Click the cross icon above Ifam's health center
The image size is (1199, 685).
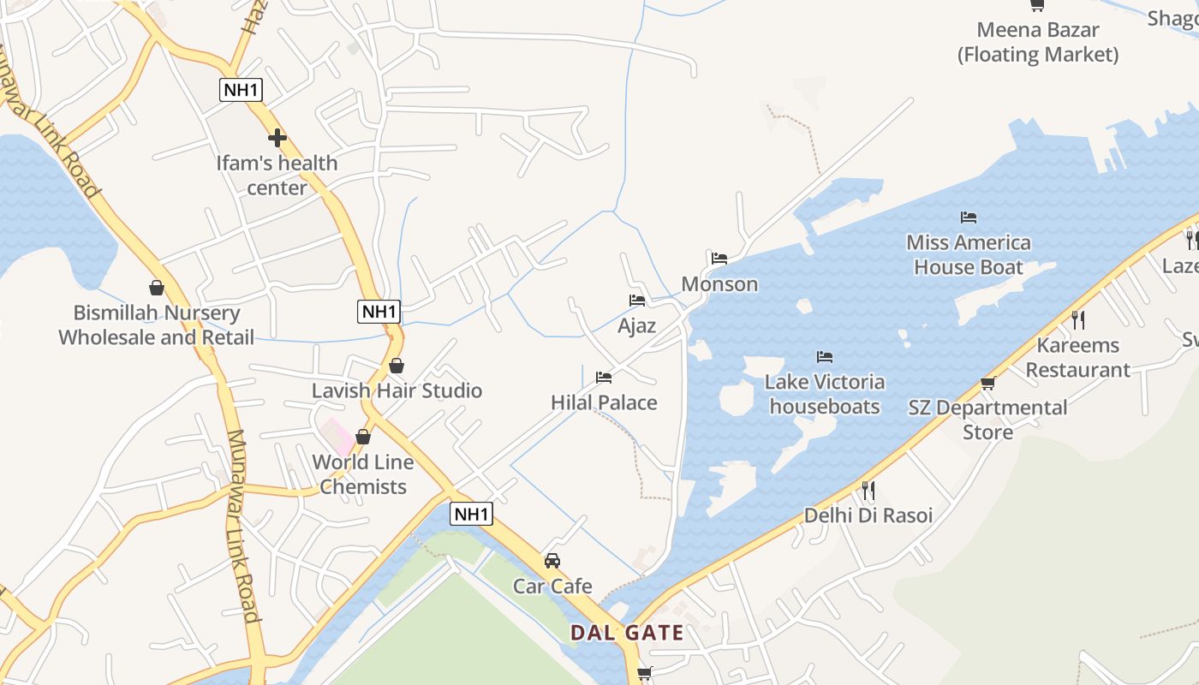[x=277, y=137]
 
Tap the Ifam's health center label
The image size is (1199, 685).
[x=277, y=176]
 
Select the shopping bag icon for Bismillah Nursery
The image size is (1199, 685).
[x=157, y=288]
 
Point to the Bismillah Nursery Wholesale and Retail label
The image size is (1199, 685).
[x=157, y=325]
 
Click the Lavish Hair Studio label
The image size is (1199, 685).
[x=397, y=390]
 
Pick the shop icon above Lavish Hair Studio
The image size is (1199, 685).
[x=397, y=366]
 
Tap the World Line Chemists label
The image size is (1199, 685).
[x=363, y=474]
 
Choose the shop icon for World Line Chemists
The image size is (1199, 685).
[x=363, y=437]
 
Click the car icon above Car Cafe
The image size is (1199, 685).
[x=552, y=561]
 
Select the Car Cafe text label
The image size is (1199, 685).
[x=552, y=587]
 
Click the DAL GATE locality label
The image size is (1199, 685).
[x=628, y=634]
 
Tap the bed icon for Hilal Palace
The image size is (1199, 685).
[x=604, y=377]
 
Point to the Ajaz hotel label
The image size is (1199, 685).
[x=637, y=325]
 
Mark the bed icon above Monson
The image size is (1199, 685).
[x=719, y=258]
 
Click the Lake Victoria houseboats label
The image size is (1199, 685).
[x=825, y=394]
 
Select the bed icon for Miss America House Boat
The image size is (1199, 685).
[x=969, y=217]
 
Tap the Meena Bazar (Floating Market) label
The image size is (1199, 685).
[x=1038, y=42]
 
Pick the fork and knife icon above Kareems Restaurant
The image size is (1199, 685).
[x=1078, y=320]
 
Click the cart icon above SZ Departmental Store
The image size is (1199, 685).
[x=987, y=383]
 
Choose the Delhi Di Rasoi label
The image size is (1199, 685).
[x=868, y=515]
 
